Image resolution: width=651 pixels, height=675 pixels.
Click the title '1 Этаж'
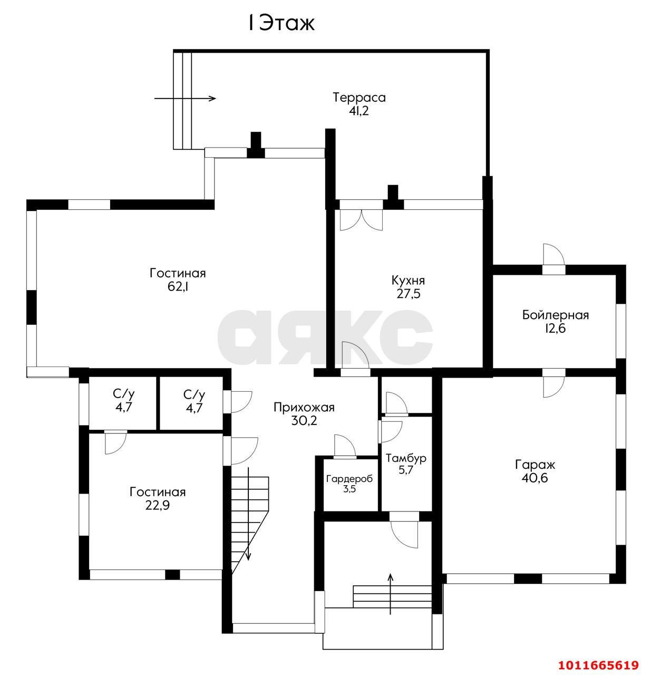tap(281, 23)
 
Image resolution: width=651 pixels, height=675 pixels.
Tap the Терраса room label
tap(359, 98)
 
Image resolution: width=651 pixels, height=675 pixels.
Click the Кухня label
tap(408, 280)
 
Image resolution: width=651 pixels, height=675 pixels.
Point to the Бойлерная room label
tap(555, 315)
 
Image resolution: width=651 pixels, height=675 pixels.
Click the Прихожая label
tap(304, 407)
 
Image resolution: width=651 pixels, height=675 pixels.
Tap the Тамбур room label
tap(405, 458)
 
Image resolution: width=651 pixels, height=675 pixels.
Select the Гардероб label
tap(349, 479)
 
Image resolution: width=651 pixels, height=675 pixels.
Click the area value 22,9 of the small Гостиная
tap(158, 506)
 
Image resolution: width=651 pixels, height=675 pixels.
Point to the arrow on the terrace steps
tap(185, 99)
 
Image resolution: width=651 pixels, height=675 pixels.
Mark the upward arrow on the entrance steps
tap(390, 594)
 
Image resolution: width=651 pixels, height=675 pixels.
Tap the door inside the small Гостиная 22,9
tap(115, 442)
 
